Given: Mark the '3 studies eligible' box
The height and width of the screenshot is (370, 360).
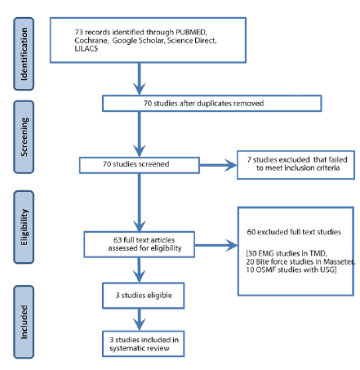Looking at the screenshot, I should [x=140, y=290].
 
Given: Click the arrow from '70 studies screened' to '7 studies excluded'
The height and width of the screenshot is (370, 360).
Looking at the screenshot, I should [x=216, y=164].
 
